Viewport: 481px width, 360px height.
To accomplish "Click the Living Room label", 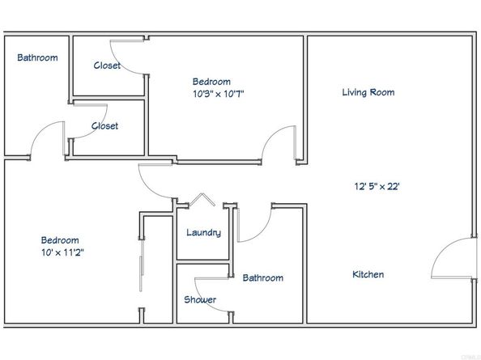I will click(368, 92).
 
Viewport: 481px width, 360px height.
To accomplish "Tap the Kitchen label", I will click(368, 274).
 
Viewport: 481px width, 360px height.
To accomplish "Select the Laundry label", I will click(203, 233).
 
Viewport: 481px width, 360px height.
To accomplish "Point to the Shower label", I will click(200, 299).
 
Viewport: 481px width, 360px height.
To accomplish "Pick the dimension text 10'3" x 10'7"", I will click(211, 93).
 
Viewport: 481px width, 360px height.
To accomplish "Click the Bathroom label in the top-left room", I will click(37, 57).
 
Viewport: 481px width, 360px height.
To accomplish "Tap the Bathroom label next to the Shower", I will click(263, 278).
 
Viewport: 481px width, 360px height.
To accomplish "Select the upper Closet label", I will click(107, 66).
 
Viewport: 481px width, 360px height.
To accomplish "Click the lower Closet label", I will click(104, 126).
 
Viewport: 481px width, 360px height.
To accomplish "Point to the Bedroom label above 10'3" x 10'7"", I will click(211, 81).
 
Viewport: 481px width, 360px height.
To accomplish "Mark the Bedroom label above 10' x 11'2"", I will click(61, 240).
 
